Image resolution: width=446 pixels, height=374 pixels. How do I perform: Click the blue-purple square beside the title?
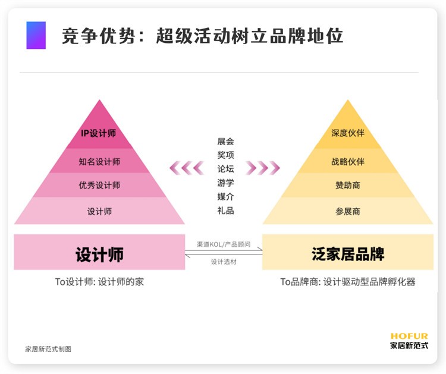tap(36, 35)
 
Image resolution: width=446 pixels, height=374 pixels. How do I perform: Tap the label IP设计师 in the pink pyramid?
tap(98, 133)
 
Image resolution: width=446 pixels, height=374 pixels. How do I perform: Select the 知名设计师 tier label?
tap(99, 162)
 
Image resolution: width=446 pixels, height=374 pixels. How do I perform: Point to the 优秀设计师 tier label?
tap(99, 186)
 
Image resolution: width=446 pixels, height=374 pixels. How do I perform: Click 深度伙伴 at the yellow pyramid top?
tap(348, 133)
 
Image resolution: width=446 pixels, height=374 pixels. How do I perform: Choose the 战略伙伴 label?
tap(348, 162)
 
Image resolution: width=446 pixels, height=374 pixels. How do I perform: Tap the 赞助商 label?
tap(348, 186)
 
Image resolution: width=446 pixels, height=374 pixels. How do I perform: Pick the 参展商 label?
tap(348, 212)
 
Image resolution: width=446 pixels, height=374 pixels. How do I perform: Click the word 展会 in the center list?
tap(225, 142)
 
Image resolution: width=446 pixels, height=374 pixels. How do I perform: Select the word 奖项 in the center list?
tap(225, 155)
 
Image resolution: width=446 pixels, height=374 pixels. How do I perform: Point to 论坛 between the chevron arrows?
tap(225, 169)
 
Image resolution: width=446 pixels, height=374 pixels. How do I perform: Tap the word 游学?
tap(225, 183)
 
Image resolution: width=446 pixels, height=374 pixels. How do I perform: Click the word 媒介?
tap(225, 197)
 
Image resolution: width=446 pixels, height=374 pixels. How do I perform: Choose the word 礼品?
tap(225, 210)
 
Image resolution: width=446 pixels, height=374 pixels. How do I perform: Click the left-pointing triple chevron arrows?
tap(187, 168)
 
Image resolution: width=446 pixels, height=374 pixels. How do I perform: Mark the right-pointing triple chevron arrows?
tap(263, 168)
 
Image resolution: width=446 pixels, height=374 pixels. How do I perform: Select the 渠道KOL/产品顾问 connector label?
tap(224, 244)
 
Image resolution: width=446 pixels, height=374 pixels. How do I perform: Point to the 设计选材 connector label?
tap(224, 262)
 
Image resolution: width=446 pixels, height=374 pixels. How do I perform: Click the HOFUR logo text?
tap(409, 336)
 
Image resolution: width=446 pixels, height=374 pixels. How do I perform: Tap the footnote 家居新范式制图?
tap(48, 349)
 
